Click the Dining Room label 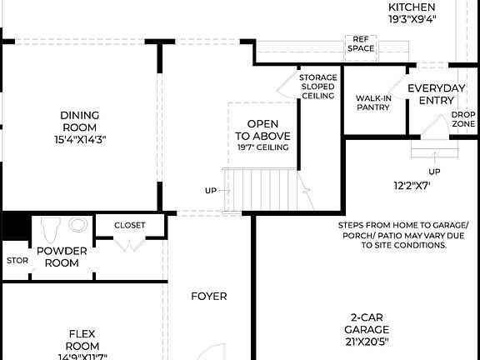(80, 122)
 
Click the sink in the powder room (78, 225)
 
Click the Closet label (129, 225)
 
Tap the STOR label (17, 260)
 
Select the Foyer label (208, 296)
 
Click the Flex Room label (83, 339)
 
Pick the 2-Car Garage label (368, 322)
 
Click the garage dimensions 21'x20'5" (368, 340)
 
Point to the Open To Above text (262, 128)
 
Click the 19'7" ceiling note (262, 147)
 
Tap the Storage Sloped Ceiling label (318, 87)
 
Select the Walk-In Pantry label (372, 102)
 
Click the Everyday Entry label (436, 94)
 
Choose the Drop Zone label (463, 119)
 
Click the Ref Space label (361, 43)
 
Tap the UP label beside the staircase (211, 190)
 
